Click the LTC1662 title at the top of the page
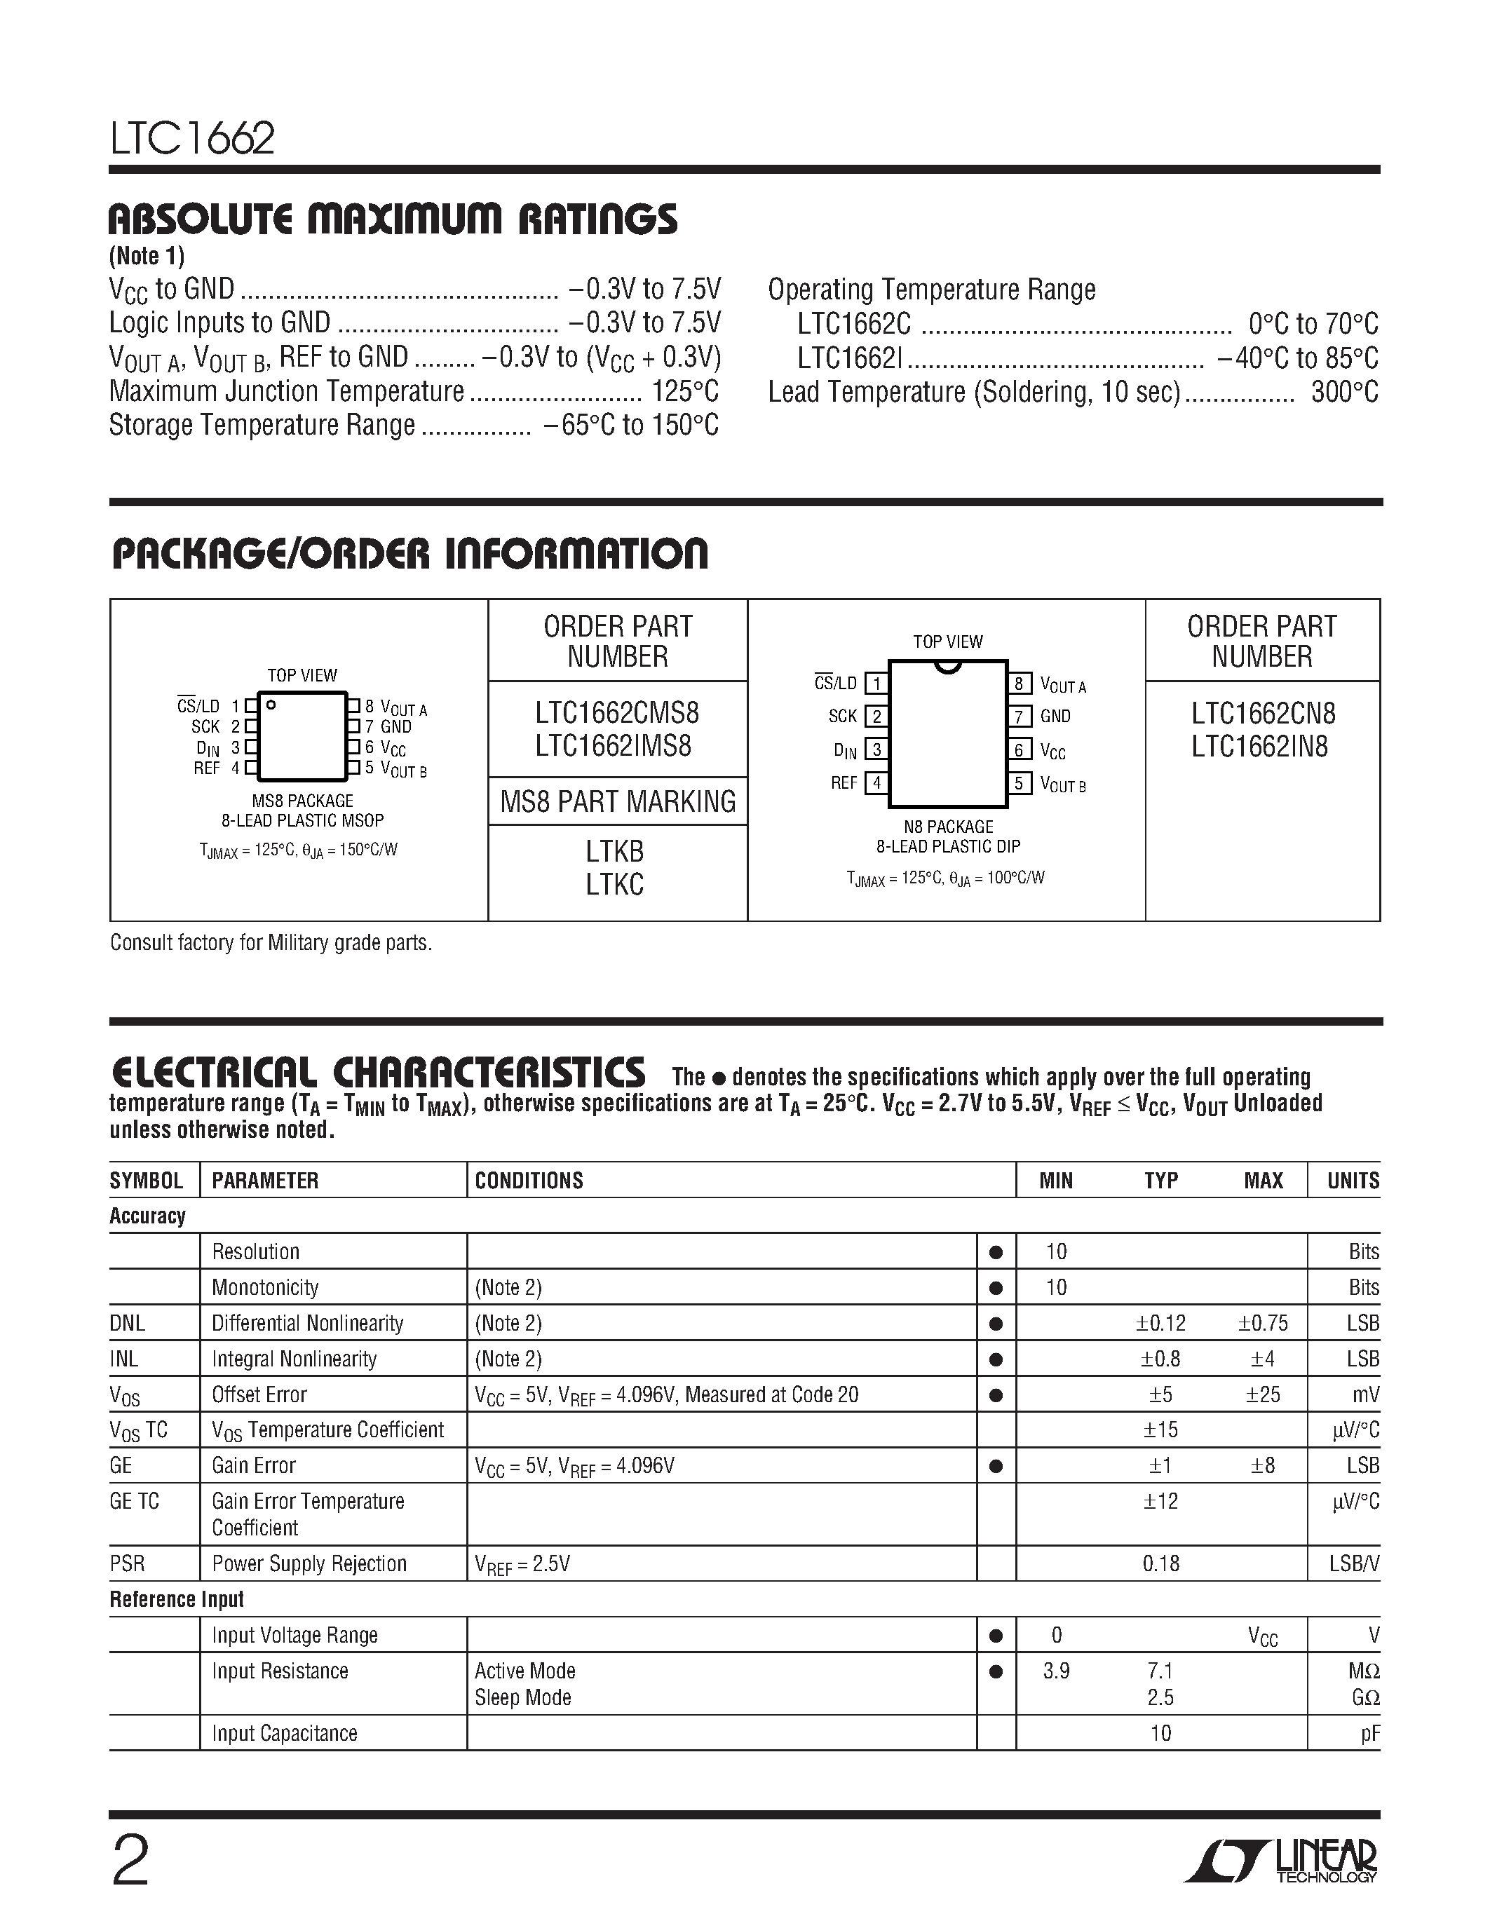tap(191, 139)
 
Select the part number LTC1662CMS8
tap(616, 712)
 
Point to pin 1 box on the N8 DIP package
tap(876, 684)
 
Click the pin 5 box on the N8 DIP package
tap(1019, 783)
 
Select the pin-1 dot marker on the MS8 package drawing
tap(271, 705)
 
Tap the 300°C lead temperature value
tap(1343, 392)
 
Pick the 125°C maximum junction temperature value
tap(685, 391)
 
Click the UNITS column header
tap(1353, 1180)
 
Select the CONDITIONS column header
tap(529, 1180)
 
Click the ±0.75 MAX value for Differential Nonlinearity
tap(1262, 1323)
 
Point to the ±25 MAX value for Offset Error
tap(1262, 1394)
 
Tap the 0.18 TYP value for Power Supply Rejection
tap(1160, 1563)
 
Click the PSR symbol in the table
tap(127, 1563)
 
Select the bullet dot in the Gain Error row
tap(996, 1466)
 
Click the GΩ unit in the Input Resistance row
tap(1364, 1697)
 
